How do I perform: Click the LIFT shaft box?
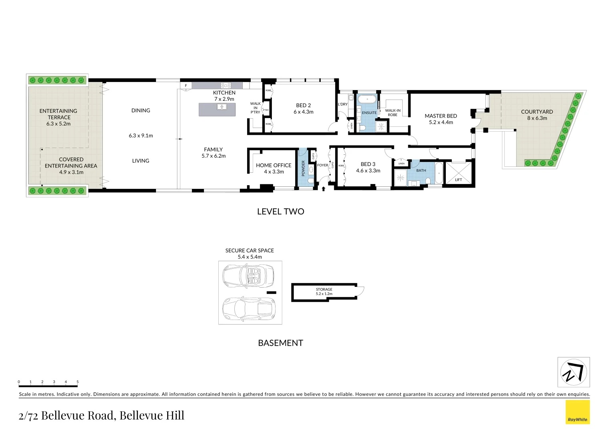pyautogui.click(x=458, y=173)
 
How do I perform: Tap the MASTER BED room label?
pyautogui.click(x=441, y=116)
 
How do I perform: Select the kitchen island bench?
pyautogui.click(x=217, y=110)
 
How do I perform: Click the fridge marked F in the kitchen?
pyautogui.click(x=186, y=86)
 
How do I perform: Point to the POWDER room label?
pyautogui.click(x=303, y=168)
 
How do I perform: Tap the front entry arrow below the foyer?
pyautogui.click(x=323, y=188)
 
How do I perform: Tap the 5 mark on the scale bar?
pyautogui.click(x=78, y=382)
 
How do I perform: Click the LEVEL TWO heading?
pyautogui.click(x=280, y=212)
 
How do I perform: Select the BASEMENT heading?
pyautogui.click(x=280, y=343)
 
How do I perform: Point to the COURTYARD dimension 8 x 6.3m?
pyautogui.click(x=537, y=118)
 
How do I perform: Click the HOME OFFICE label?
pyautogui.click(x=274, y=165)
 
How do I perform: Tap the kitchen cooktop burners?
pyautogui.click(x=226, y=85)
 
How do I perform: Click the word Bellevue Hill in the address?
pyautogui.click(x=152, y=416)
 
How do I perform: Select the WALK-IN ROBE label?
pyautogui.click(x=393, y=113)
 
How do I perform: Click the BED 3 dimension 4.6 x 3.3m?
pyautogui.click(x=368, y=171)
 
